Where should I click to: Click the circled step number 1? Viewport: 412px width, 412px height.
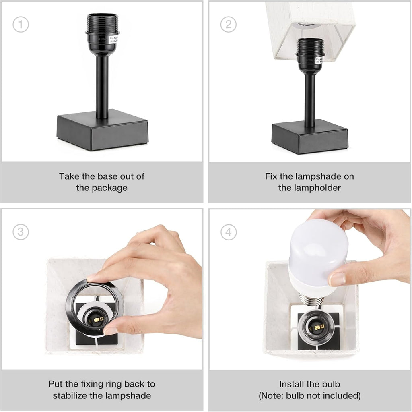click(x=21, y=25)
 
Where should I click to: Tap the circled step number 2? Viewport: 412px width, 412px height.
click(x=228, y=25)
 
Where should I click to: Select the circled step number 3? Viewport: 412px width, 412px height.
click(x=21, y=232)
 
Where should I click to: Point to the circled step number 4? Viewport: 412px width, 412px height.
click(x=228, y=232)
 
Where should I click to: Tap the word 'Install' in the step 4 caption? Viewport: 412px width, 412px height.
click(x=292, y=384)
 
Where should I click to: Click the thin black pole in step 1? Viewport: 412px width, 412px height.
click(x=102, y=87)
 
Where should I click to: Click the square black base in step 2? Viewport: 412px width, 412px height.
click(x=309, y=137)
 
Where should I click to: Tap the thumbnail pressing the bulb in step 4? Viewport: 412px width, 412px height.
click(x=337, y=278)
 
